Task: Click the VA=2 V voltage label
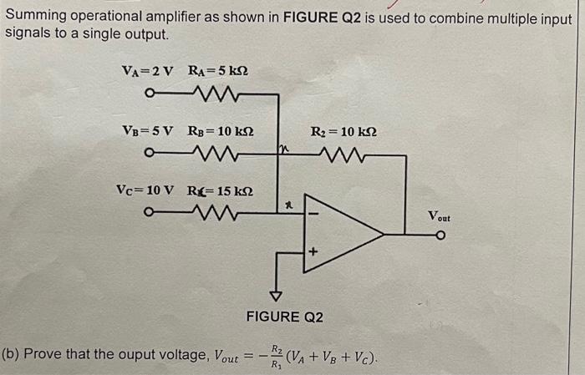[x=146, y=71]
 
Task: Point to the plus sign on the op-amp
[x=315, y=251]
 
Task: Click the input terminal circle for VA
[x=148, y=94]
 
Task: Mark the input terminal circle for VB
[x=148, y=153]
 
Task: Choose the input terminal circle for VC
[x=148, y=211]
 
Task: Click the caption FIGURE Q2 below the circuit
[x=283, y=317]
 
